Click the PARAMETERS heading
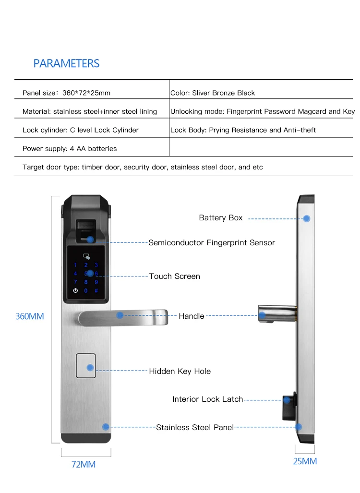pos(66,63)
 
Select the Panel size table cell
pos(66,93)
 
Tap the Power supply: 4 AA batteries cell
pos(70,148)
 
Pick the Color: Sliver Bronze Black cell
pos(213,93)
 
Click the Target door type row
pos(143,167)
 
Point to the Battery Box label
pos(221,218)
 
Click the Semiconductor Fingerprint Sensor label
pos(212,243)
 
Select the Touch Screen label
pos(175,276)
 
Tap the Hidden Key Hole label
pos(180,371)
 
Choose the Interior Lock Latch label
pos(208,399)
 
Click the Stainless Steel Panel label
pos(195,427)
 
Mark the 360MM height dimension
pos(30,316)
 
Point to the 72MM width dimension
pos(84,464)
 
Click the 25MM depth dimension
pos(305,461)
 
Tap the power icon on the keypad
pos(75,291)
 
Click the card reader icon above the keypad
pos(86,256)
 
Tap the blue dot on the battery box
pos(306,218)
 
